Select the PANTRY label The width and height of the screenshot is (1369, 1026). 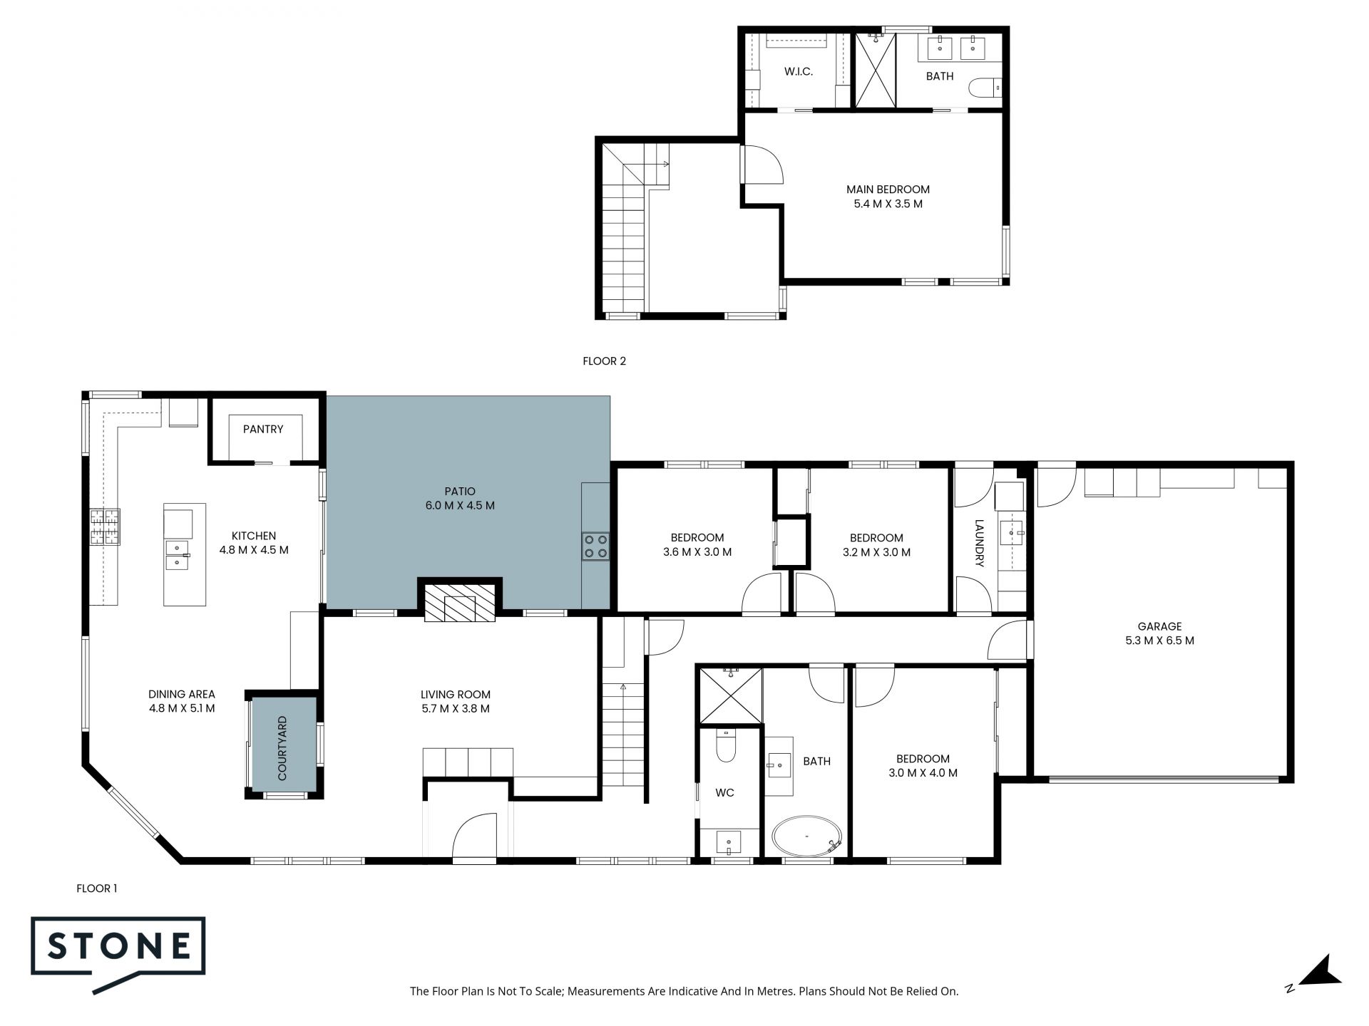(263, 429)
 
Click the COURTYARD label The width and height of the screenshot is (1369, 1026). (282, 748)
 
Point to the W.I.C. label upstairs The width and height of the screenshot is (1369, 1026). (799, 72)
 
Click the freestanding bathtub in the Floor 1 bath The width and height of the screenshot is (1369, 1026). (808, 836)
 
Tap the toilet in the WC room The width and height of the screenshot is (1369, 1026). (727, 747)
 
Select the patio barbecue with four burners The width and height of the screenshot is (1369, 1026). (595, 546)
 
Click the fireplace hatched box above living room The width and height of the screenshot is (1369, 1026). (460, 603)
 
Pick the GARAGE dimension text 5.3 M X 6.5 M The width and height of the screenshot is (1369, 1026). (1159, 641)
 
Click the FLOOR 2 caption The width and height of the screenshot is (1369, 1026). (605, 361)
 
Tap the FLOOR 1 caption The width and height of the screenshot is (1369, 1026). (97, 888)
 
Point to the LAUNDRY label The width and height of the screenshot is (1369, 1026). (979, 543)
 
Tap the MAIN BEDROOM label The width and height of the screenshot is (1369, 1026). (888, 190)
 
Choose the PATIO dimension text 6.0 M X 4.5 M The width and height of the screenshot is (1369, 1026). (460, 506)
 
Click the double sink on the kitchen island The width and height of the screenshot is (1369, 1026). (178, 555)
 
